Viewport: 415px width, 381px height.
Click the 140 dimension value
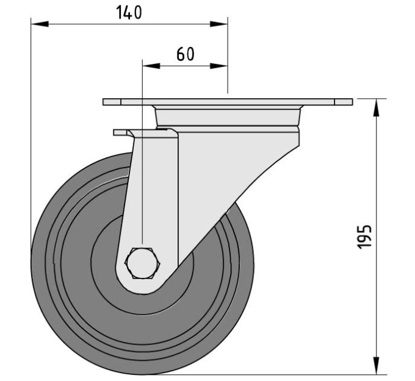[x=129, y=13]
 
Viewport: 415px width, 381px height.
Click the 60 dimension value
[x=186, y=54]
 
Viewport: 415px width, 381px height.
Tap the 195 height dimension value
[x=365, y=237]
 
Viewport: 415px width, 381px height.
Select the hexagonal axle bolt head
[x=143, y=263]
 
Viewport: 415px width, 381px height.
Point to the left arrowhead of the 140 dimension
[x=40, y=24]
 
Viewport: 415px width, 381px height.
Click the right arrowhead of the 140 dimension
[x=218, y=24]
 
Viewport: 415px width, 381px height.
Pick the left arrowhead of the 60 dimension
[x=151, y=66]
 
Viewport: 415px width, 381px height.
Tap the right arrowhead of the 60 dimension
[x=218, y=66]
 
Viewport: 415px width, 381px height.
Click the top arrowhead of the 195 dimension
[x=376, y=107]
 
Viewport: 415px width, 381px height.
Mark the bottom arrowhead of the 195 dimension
[x=376, y=365]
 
